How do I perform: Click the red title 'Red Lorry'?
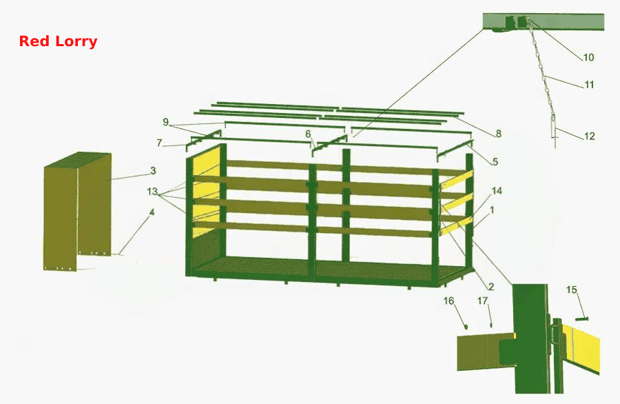[x=58, y=41]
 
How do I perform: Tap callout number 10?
[x=588, y=57]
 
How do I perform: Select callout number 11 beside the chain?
[x=589, y=85]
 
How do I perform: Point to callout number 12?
[x=589, y=136]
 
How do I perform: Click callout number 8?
[x=498, y=134]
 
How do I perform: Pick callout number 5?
[x=495, y=161]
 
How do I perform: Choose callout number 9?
[x=165, y=122]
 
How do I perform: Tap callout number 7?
[x=159, y=143]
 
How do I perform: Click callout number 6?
[x=308, y=134]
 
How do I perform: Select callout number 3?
[x=153, y=170]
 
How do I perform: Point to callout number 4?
[x=152, y=212]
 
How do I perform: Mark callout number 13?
[x=152, y=192]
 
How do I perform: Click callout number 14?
[x=497, y=191]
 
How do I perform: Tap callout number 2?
[x=490, y=287]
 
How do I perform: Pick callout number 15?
[x=572, y=290]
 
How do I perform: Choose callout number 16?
[x=448, y=301]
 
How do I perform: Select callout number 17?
[x=482, y=301]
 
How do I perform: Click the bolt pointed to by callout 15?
[x=582, y=319]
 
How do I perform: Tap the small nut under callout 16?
[x=466, y=327]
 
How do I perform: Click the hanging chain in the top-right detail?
[x=543, y=75]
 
